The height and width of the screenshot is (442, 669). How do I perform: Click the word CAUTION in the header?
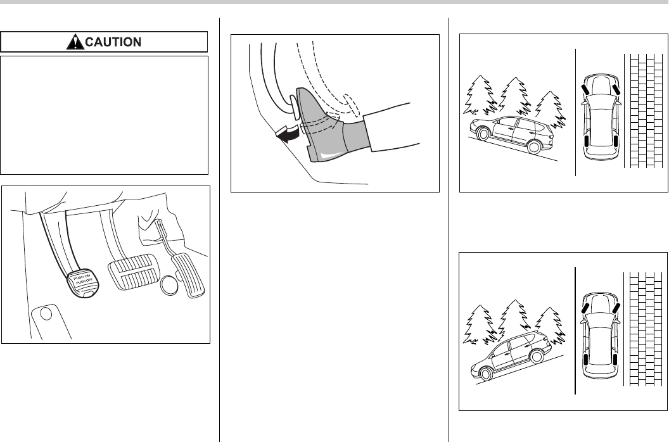click(x=113, y=42)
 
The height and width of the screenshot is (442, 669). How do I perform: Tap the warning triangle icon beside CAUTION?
click(x=76, y=42)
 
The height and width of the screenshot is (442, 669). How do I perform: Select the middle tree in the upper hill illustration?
click(x=513, y=95)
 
